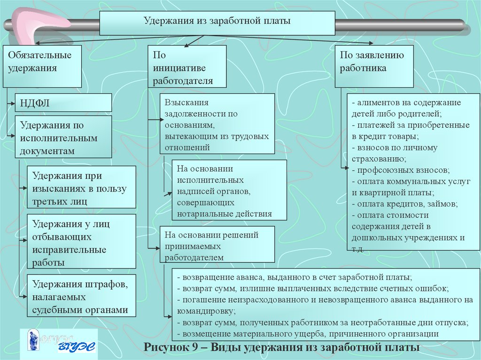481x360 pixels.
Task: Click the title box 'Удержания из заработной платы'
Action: click(217, 23)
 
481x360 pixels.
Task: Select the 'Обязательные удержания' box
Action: click(42, 66)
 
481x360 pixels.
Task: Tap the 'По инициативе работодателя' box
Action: click(187, 66)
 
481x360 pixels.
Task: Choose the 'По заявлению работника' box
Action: click(374, 66)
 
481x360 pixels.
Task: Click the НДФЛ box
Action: click(63, 102)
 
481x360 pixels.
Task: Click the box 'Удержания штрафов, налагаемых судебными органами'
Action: click(81, 296)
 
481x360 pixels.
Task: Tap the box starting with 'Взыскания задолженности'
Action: click(217, 123)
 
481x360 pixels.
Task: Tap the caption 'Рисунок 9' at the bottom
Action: click(282, 348)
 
